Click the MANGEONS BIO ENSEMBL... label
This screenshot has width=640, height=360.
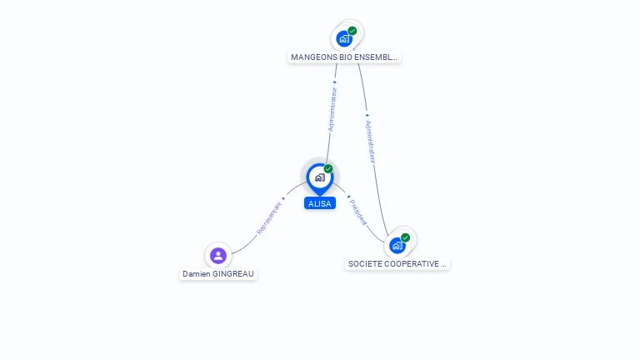pos(344,57)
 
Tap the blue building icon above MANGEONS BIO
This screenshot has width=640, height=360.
pos(343,38)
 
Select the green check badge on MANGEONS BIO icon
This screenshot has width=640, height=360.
pos(352,31)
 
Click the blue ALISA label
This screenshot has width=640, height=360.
pos(320,203)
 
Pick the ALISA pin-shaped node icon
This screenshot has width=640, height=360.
pos(319,177)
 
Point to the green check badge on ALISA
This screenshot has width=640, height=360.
pos(328,169)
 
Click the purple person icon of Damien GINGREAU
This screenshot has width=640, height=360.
pos(218,255)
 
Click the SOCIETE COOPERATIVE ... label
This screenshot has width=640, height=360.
pos(397,264)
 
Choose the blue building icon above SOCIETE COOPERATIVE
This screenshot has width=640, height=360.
pos(397,246)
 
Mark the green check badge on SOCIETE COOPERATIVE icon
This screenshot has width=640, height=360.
pos(406,237)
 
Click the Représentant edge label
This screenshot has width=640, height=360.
pos(268,217)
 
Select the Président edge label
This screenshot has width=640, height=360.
pos(358,212)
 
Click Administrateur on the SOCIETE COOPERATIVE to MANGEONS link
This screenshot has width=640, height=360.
pos(370,142)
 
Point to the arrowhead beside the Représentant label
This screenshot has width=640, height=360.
pos(283,198)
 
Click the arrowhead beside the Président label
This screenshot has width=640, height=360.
pos(347,197)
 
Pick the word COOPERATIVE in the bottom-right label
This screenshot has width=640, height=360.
pos(408,264)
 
